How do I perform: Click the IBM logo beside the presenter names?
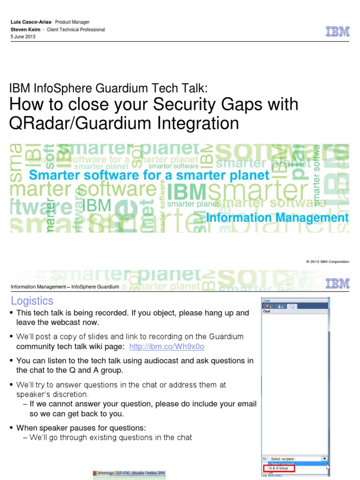pos(337,32)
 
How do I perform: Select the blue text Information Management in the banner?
pos(277,218)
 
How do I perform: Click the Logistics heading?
pos(32,301)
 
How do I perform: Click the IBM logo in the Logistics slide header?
pos(337,283)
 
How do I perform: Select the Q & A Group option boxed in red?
pos(279,468)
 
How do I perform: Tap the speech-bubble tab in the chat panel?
pos(292,306)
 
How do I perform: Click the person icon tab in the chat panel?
pos(269,306)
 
